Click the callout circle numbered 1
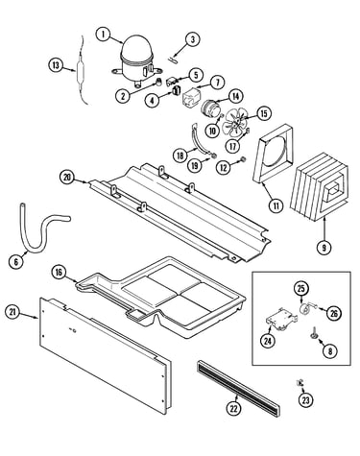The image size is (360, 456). [x=103, y=34]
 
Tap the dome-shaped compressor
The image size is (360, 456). [x=137, y=60]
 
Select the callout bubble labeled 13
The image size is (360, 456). [x=56, y=65]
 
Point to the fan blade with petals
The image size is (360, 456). [x=235, y=123]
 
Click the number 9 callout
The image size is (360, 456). [x=324, y=248]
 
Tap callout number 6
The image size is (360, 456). [x=16, y=262]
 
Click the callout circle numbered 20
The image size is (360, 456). [x=67, y=178]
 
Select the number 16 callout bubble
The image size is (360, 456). [x=59, y=273]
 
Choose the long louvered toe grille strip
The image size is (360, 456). [x=238, y=387]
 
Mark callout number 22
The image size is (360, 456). [x=234, y=408]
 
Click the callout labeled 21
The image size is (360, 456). [x=12, y=312]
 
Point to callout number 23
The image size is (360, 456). [x=306, y=400]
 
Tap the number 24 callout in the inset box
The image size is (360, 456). [x=268, y=341]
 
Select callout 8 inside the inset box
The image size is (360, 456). [x=329, y=351]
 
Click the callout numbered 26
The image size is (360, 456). [x=333, y=314]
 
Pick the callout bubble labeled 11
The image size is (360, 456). [x=276, y=205]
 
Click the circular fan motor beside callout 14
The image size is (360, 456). [x=209, y=108]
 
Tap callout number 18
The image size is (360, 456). [x=180, y=156]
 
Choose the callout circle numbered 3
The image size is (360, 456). [x=193, y=39]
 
